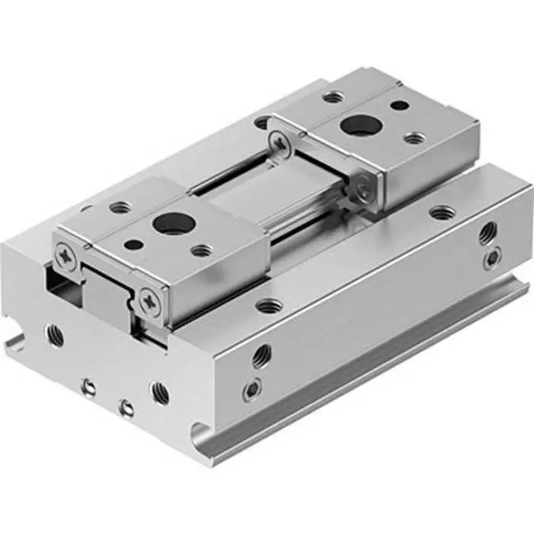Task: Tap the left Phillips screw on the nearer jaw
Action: pyautogui.click(x=68, y=256)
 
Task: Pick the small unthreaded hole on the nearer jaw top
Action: pyautogui.click(x=131, y=245)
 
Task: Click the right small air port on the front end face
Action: pyautogui.click(x=126, y=408)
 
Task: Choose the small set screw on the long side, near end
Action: pyautogui.click(x=252, y=391)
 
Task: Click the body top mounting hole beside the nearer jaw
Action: pyautogui.click(x=269, y=306)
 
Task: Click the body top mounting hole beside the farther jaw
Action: pyautogui.click(x=440, y=212)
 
